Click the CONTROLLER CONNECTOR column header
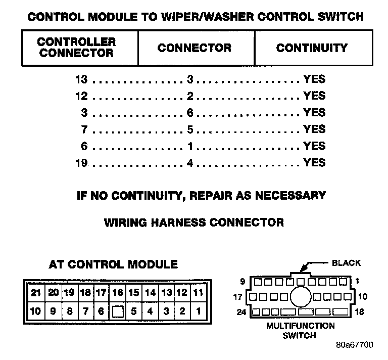pos(76,48)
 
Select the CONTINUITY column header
pos(312,48)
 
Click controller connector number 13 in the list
pos(81,79)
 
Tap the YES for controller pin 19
pos(314,163)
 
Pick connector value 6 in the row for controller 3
pos(190,113)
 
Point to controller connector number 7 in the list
pos(84,129)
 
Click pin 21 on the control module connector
pos(35,292)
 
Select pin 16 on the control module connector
pos(117,292)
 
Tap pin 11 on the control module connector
pos(198,292)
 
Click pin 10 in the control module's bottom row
pos(35,311)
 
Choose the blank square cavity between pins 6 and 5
pos(117,311)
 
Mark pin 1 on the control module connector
pos(198,311)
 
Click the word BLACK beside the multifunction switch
pos(346,263)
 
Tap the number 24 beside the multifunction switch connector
pos(242,312)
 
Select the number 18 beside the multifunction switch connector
pos(359,312)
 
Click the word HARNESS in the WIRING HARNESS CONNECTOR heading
pos(193,222)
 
